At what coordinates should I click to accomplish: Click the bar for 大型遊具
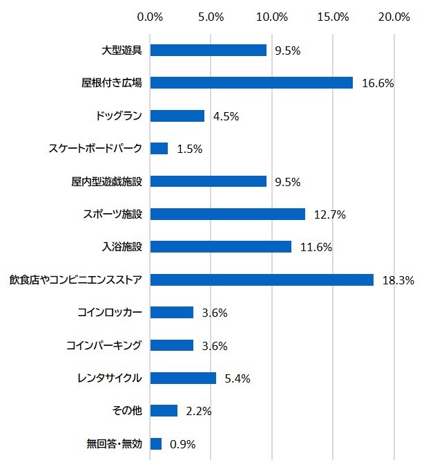click(208, 50)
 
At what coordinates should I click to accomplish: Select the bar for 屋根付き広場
click(251, 83)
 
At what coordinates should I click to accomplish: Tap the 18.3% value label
click(399, 280)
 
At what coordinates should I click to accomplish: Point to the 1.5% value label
click(188, 149)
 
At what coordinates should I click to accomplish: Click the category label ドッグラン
click(119, 116)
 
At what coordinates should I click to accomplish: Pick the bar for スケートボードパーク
click(159, 149)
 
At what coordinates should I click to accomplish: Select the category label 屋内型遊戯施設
click(106, 181)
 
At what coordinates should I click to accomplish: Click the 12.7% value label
click(329, 214)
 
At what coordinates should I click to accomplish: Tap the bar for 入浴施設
click(221, 247)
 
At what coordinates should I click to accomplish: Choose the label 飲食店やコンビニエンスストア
click(76, 280)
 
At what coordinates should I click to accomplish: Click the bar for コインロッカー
click(172, 313)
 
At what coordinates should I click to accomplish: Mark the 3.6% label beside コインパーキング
click(215, 346)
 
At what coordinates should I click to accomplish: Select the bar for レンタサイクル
click(183, 378)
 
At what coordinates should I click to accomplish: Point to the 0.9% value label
click(182, 444)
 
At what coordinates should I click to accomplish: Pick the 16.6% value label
click(378, 83)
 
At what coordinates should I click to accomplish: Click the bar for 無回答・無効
click(156, 444)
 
